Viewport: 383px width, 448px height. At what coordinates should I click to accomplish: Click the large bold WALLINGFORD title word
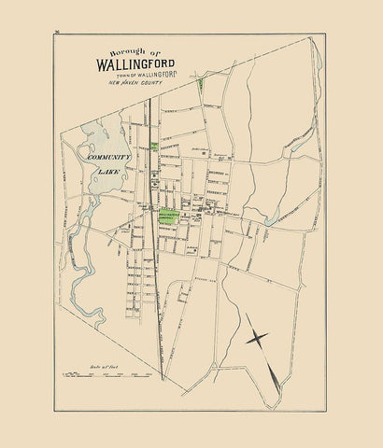point(141,65)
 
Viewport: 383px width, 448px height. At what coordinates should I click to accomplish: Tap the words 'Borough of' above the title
point(141,53)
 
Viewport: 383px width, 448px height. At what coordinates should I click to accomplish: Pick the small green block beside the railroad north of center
point(152,147)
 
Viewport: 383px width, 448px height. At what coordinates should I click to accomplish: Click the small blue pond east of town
point(271,221)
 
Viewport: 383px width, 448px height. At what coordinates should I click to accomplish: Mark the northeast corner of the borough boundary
point(315,39)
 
